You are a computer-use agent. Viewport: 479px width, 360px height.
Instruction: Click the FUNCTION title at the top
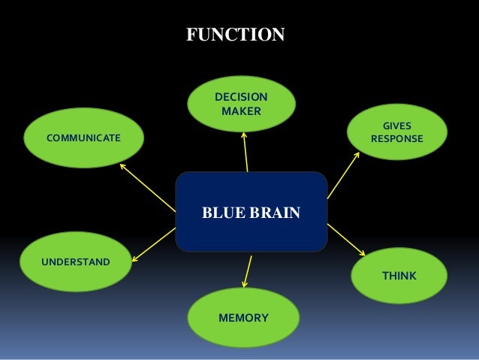235,35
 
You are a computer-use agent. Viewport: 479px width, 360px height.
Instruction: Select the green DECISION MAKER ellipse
240,104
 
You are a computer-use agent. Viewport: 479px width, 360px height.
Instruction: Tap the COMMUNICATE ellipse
83,138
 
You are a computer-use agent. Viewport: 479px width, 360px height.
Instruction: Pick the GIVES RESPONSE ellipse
396,132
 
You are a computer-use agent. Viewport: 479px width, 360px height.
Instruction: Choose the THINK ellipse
399,276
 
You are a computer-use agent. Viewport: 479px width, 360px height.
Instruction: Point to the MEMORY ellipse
243,318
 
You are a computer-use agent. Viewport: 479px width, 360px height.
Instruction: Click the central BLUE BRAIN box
251,212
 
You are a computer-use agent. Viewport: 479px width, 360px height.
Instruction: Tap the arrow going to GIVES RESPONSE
343,174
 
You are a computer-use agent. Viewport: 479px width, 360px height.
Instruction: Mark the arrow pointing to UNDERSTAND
153,245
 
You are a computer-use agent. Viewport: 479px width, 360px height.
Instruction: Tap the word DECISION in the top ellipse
240,97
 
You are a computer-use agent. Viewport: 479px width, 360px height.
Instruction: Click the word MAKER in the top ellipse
240,111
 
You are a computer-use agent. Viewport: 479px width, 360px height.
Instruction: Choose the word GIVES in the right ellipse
396,126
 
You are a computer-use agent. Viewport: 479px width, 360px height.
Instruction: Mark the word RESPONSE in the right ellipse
396,139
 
